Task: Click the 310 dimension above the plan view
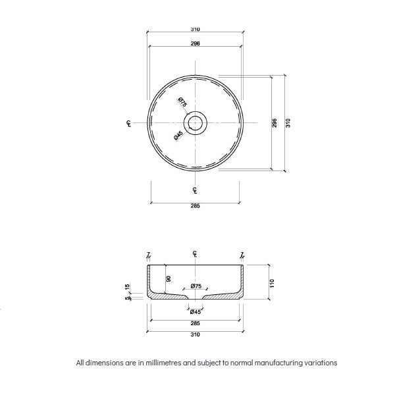point(196,29)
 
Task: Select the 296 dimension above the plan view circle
point(196,43)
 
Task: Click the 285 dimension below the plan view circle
point(196,205)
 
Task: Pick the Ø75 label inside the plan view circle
point(182,103)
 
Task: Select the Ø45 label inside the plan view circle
point(178,136)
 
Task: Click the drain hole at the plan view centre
point(196,122)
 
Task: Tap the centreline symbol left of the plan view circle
point(128,123)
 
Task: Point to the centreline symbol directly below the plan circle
point(196,190)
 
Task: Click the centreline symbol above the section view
point(196,254)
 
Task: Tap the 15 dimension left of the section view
point(128,287)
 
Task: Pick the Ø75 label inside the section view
point(196,286)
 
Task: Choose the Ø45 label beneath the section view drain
point(196,312)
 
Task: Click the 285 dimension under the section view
point(196,323)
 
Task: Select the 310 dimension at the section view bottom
point(196,334)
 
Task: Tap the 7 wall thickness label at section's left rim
point(149,254)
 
